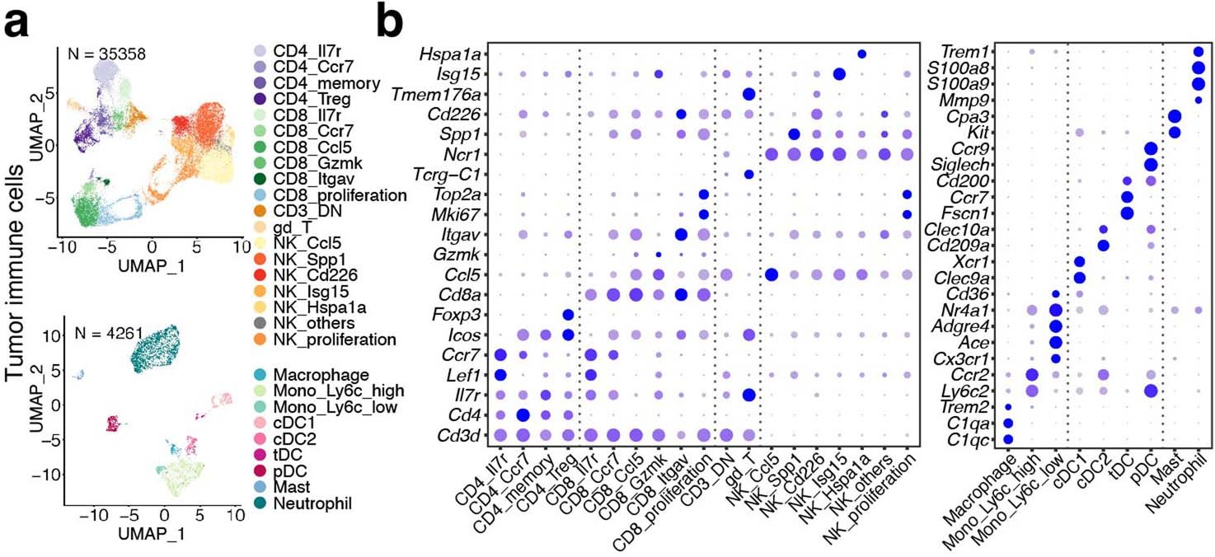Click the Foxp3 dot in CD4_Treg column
coord(567,314)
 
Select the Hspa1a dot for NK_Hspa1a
coord(861,54)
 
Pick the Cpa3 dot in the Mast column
coord(1174,116)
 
